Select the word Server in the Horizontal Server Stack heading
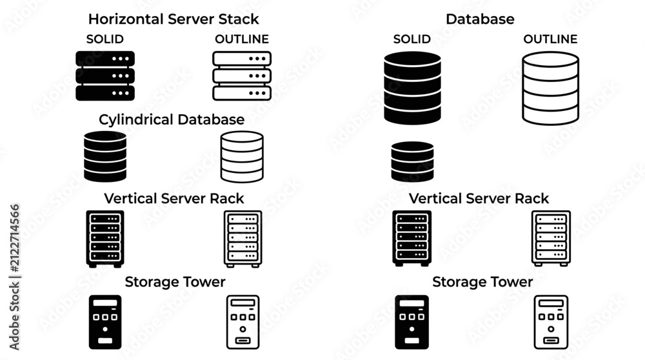[x=184, y=19]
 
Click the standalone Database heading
[x=480, y=19]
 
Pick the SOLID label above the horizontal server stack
[x=105, y=39]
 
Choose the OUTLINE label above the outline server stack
[x=242, y=39]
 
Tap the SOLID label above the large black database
[x=412, y=39]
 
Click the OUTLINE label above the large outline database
[x=550, y=39]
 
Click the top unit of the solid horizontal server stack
[x=105, y=59]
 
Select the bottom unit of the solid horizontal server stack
[x=105, y=93]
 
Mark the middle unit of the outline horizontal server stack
[x=242, y=75]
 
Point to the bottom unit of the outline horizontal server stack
[x=242, y=93]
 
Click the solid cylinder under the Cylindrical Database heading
[x=105, y=157]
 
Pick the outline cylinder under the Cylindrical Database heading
[x=242, y=157]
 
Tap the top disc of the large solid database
[x=413, y=59]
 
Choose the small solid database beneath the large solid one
[x=412, y=162]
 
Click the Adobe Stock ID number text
[x=14, y=238]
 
